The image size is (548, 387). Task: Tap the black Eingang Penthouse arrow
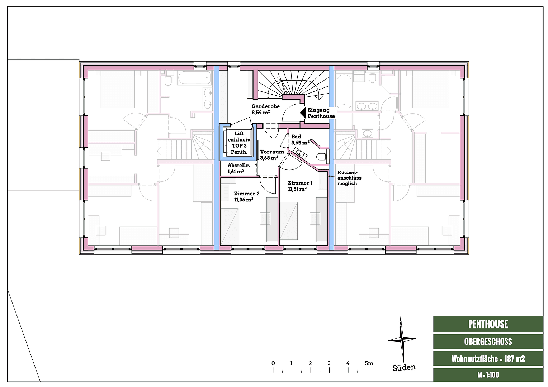coord(302,113)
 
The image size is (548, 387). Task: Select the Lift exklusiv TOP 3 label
coord(239,143)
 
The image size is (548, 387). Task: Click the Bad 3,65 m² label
coord(299,140)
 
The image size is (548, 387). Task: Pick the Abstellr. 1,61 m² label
coord(238,168)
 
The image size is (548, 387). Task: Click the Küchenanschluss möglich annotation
coord(349,178)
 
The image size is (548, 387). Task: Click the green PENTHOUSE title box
coord(488,324)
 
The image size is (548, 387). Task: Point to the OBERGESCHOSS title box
coord(488,341)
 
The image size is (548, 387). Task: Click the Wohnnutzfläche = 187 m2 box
coord(488,359)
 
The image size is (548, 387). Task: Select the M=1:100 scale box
coord(488,375)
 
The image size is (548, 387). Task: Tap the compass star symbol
coord(402,339)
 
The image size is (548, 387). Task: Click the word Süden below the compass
coord(404,368)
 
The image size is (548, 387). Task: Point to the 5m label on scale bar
coord(369,363)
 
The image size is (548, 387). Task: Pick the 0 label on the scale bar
coord(273,363)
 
